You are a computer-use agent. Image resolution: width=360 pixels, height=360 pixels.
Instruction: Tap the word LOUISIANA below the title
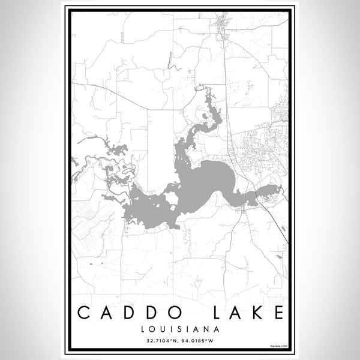[x=180, y=329]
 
